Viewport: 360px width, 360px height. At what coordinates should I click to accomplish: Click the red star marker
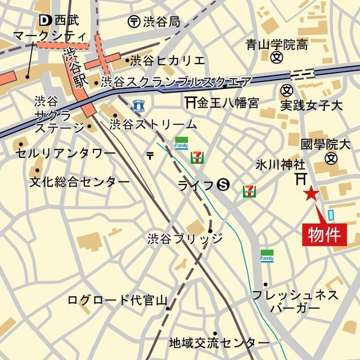[310, 195]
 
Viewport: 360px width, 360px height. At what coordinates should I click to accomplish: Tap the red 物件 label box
[324, 235]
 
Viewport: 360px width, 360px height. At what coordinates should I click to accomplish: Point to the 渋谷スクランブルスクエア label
[177, 83]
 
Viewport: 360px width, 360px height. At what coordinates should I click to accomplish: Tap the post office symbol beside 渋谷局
[133, 21]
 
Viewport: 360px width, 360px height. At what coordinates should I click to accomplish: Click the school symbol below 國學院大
[331, 159]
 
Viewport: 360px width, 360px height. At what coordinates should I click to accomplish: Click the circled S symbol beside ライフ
[223, 184]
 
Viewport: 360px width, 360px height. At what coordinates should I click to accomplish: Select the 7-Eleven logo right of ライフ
[248, 191]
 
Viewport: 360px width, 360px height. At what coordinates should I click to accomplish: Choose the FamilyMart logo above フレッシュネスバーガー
[267, 255]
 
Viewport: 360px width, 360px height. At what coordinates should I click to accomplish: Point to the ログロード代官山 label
[114, 299]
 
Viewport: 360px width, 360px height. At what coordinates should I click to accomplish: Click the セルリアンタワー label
[65, 152]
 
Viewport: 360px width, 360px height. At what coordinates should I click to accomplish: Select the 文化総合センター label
[79, 182]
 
